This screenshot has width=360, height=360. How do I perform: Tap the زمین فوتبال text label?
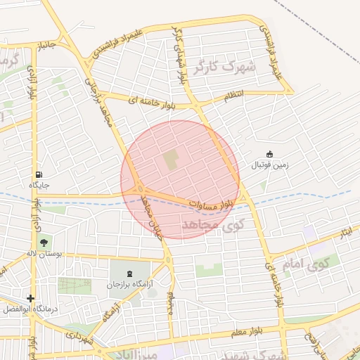coord(269,166)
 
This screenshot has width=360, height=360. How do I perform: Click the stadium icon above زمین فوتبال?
coord(269,155)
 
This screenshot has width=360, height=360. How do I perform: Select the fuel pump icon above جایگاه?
coord(37,174)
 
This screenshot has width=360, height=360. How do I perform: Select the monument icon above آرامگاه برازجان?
coord(129,274)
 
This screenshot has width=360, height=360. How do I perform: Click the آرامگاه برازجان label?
coord(129,285)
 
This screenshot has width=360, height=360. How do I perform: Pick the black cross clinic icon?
coord(30,298)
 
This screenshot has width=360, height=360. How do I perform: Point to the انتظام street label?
coord(234,95)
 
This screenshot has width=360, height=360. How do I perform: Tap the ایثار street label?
coord(345,233)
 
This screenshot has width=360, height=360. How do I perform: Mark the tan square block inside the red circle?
coord(171,160)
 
